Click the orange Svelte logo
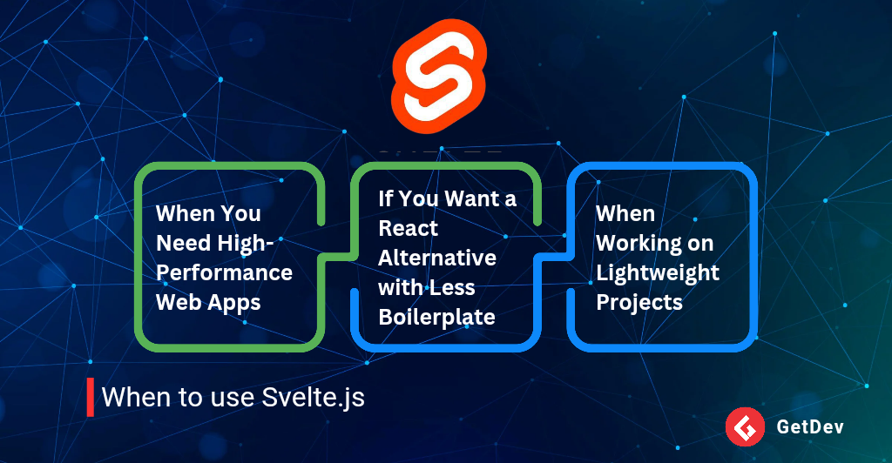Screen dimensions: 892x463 pos(439,76)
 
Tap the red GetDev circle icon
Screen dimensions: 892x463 pos(745,426)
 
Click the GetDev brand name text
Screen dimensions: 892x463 pos(810,426)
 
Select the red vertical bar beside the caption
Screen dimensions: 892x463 pos(90,397)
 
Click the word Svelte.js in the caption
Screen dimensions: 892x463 pos(313,397)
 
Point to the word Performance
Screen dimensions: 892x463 pos(224,273)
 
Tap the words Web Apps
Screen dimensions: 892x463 pos(208,303)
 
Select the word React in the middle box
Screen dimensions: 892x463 pos(408,228)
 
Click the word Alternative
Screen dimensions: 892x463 pos(437,258)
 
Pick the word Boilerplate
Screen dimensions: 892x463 pos(437,318)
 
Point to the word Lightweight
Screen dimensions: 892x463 pos(658,273)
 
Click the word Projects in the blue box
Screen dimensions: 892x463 pos(639,303)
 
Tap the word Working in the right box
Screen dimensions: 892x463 pos(638,244)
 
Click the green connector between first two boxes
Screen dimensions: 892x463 pos(338,258)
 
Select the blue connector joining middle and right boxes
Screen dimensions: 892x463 pos(554,258)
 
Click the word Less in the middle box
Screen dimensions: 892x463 pos(452,287)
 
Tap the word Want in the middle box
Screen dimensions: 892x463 pos(463,198)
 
